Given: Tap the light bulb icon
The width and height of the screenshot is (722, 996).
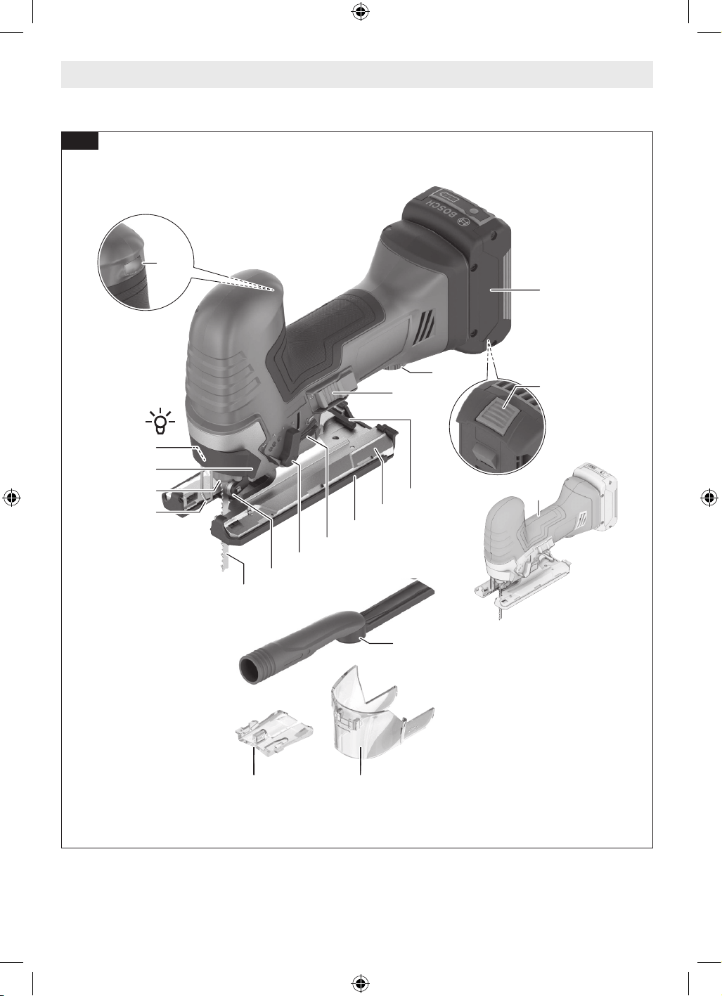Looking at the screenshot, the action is pyautogui.click(x=160, y=420).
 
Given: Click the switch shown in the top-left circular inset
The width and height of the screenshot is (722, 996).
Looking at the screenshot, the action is pyautogui.click(x=133, y=267).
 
